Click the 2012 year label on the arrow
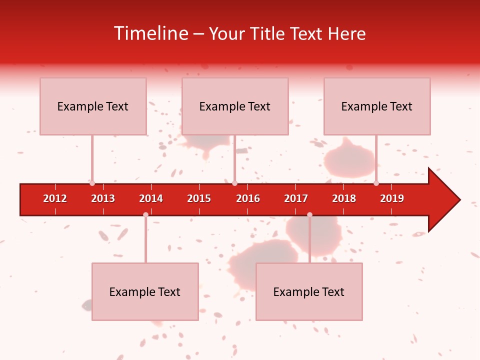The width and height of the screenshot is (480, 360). coord(55,198)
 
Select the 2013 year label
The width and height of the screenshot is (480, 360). coord(103,198)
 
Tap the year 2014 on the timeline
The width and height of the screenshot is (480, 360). coord(151,198)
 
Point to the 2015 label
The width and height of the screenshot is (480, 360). coord(199,198)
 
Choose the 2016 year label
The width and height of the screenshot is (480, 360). coord(248,198)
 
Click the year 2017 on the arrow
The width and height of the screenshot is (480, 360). coord(296,198)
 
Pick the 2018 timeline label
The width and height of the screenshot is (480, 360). coord(344,198)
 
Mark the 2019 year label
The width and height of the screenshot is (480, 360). coord(392,198)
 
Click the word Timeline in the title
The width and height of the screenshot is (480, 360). coord(150,33)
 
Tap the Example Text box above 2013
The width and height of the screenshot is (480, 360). coord(93,106)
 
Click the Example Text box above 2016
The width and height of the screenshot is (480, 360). coord(235,106)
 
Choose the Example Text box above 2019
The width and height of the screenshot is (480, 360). coord(377,106)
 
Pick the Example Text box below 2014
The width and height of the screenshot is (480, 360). coord(145,291)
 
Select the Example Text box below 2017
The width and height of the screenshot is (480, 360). coord(309,291)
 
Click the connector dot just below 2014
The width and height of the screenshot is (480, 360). coord(145,214)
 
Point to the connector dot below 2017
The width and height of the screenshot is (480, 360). coord(309,214)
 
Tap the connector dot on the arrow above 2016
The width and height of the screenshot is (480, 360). coord(234,183)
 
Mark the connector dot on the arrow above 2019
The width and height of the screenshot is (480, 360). coord(376,183)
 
